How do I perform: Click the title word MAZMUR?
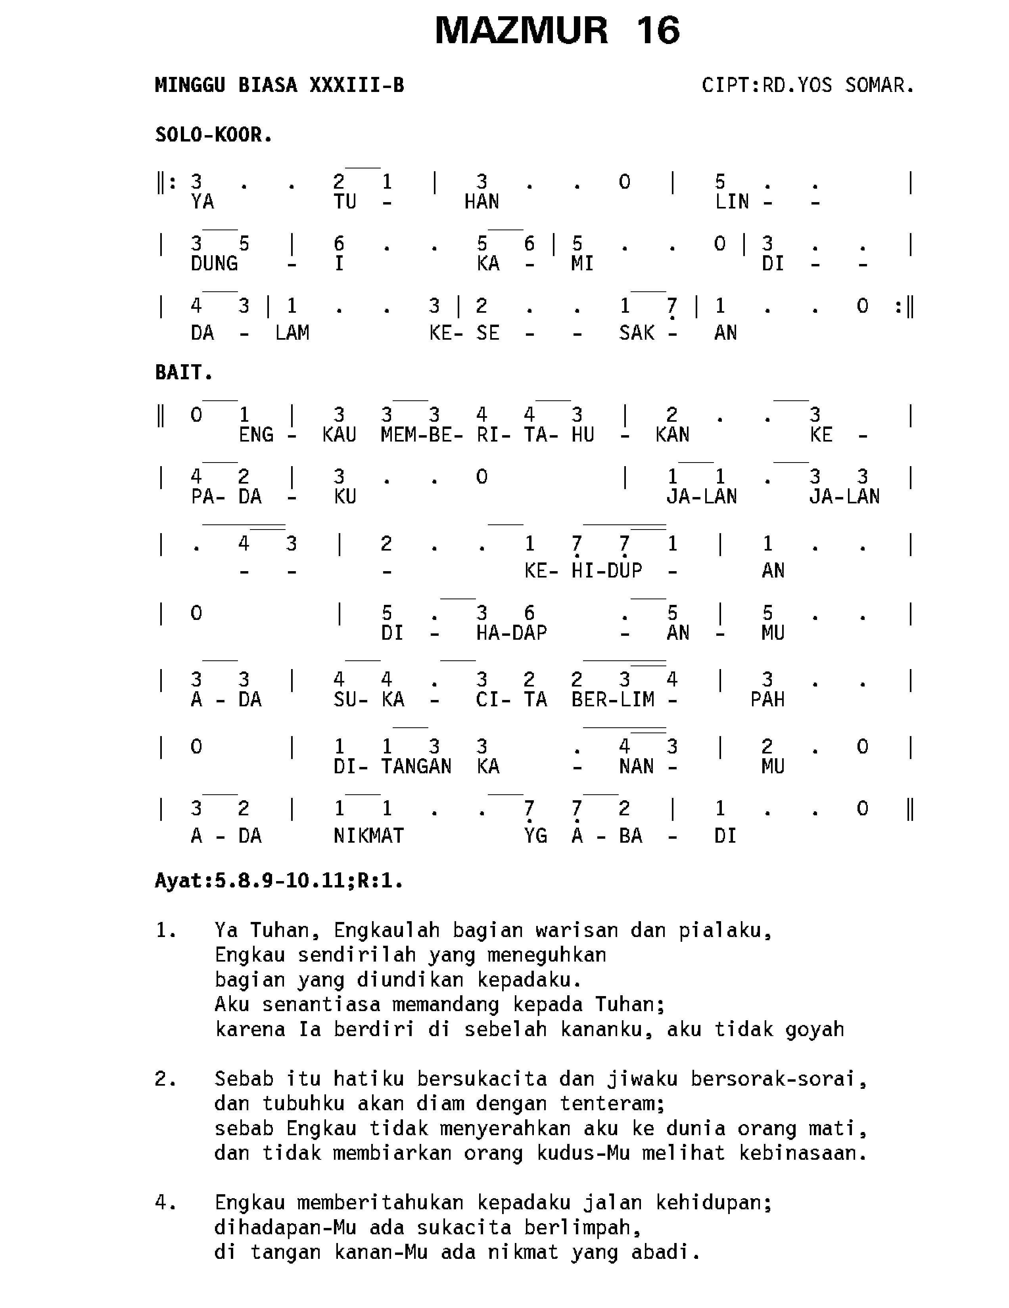(521, 31)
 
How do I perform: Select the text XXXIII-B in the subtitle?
(357, 86)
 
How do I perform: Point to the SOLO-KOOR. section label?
(214, 135)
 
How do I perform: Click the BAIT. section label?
(184, 373)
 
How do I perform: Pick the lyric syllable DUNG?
(214, 264)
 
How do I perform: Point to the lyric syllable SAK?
(636, 333)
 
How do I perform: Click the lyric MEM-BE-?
(421, 435)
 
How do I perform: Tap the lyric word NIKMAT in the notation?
(368, 836)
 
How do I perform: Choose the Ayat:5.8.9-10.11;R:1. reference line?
(278, 881)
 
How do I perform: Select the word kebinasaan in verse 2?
(803, 1153)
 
